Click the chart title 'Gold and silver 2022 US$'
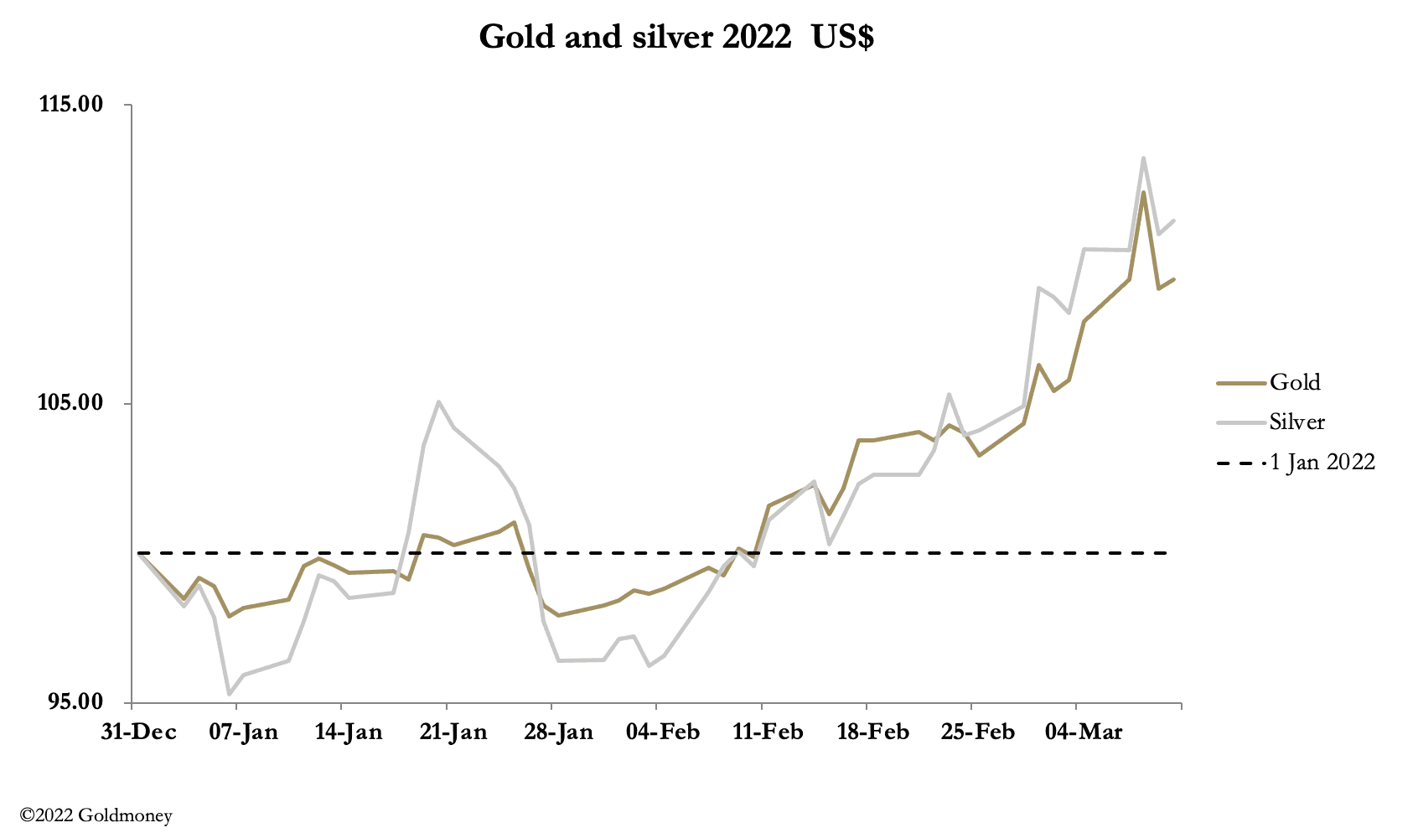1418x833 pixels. tap(675, 37)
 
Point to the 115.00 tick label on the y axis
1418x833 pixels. tap(72, 105)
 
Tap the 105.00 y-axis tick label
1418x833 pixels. tap(72, 403)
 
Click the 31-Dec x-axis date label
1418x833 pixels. tap(139, 732)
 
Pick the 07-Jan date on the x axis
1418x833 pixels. tap(244, 732)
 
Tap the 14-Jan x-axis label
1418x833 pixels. tap(349, 732)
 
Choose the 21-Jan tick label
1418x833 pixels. tap(453, 732)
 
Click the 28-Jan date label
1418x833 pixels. tap(559, 732)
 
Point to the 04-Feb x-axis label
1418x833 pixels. tap(663, 732)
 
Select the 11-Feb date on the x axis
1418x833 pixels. tap(768, 732)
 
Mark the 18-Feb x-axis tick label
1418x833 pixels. tap(873, 732)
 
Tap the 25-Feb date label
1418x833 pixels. tap(978, 732)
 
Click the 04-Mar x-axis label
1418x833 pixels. tap(1084, 732)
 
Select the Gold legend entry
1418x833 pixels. tap(1295, 382)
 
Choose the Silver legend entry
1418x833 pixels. tap(1296, 422)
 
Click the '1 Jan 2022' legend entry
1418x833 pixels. tap(1322, 462)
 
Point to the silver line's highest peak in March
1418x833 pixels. tap(1143, 158)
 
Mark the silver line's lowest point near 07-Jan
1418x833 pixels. tap(229, 694)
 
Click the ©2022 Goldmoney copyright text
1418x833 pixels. tap(96, 815)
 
